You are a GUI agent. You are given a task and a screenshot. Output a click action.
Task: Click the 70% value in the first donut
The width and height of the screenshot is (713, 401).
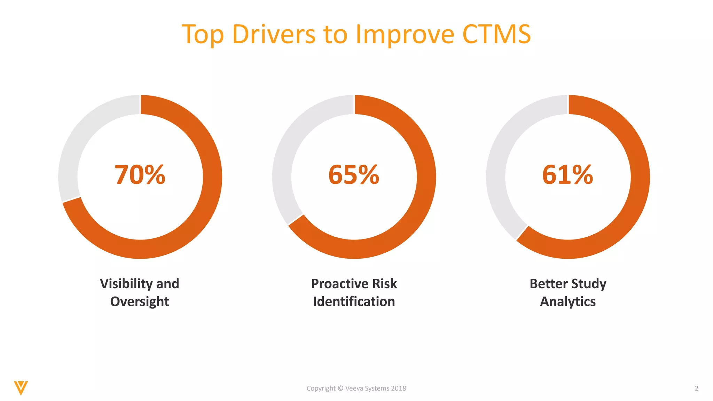140,175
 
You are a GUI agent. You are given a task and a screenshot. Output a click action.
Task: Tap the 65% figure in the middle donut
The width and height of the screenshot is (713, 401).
354,175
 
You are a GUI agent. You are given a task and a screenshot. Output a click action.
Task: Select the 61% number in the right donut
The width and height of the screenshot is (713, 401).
567,175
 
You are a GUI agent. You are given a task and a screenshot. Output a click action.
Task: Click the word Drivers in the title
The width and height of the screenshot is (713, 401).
274,34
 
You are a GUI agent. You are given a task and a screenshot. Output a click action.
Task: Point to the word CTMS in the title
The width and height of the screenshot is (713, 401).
496,34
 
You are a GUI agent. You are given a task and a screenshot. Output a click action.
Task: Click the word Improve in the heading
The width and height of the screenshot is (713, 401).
405,34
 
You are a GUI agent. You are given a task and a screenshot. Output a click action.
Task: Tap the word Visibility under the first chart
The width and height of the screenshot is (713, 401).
126,284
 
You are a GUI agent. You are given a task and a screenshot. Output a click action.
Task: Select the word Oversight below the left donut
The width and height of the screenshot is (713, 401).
140,301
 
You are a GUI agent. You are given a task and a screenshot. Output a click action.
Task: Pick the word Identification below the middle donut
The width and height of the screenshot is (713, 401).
354,301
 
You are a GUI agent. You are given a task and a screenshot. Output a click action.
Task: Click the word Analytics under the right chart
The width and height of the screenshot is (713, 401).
567,301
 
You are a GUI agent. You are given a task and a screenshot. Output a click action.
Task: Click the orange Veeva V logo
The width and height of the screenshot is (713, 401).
21,387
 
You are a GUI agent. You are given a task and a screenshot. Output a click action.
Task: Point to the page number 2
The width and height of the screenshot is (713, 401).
696,388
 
